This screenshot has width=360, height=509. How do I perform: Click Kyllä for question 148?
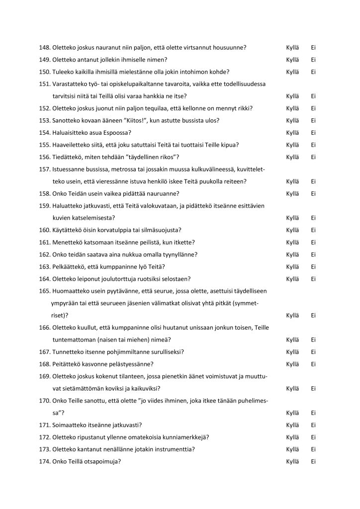click(x=293, y=48)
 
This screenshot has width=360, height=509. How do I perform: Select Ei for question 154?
click(x=314, y=133)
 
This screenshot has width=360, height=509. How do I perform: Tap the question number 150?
click(x=45, y=72)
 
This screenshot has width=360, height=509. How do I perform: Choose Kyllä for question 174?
click(x=293, y=462)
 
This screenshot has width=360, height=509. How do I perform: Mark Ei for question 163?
click(x=314, y=267)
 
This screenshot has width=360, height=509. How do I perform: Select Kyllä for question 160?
click(x=293, y=230)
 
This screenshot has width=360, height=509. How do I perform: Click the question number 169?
click(x=45, y=376)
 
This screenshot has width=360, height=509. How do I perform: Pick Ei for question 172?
click(x=314, y=437)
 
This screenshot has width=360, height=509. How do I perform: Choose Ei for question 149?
click(x=314, y=60)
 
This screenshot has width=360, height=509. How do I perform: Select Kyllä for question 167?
click(x=293, y=352)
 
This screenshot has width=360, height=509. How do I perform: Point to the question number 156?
click(x=45, y=157)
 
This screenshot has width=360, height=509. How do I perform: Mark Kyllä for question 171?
click(x=293, y=425)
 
